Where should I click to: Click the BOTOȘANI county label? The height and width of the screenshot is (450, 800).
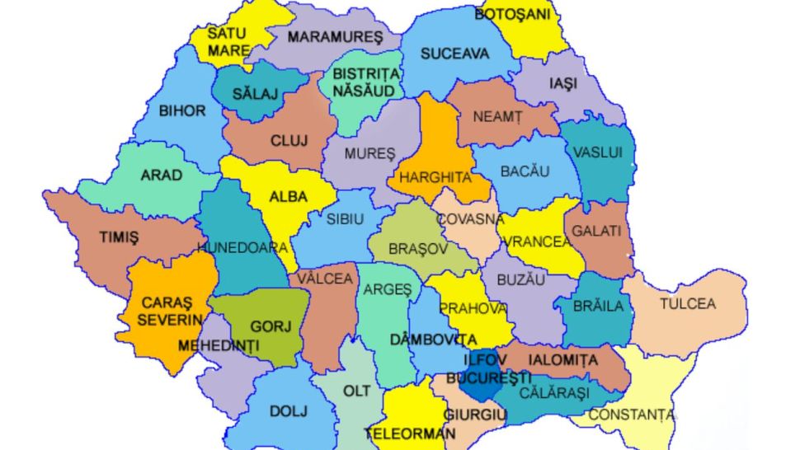coord(513,14)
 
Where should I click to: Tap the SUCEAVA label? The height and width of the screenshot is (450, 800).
coord(454,54)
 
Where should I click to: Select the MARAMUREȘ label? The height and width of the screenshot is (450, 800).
coord(335,37)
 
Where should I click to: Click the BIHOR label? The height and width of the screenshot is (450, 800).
coord(182,110)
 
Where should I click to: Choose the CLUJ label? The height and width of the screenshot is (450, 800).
coord(289,141)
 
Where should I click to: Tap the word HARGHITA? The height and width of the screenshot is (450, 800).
coord(435,177)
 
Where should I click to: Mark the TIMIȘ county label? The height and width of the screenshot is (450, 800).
coord(119,237)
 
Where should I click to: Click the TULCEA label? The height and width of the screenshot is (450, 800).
coord(687,303)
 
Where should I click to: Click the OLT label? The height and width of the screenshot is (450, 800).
coord(356,390)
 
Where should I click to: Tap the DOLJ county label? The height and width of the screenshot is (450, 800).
coord(288,410)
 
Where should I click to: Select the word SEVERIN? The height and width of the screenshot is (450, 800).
coord(170,320)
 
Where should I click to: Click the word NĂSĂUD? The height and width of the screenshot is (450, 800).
coord(365,90)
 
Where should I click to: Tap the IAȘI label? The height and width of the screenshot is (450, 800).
coord(563,84)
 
